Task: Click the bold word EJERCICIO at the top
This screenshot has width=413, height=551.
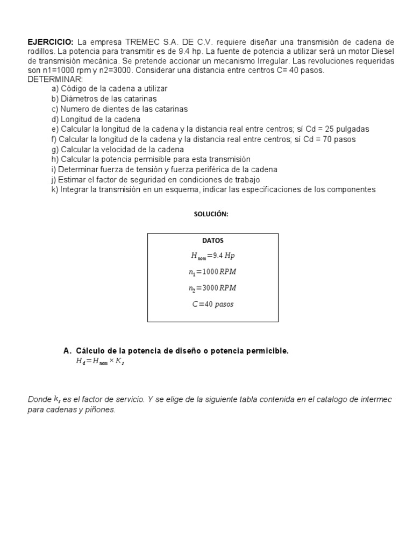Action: click(x=51, y=42)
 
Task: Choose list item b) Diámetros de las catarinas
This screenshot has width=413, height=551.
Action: click(x=104, y=99)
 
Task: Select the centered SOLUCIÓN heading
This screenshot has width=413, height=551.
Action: click(x=211, y=214)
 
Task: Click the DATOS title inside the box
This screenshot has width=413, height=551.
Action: click(x=213, y=241)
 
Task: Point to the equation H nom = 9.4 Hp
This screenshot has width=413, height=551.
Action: click(x=213, y=256)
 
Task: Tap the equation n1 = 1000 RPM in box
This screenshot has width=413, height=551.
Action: click(x=213, y=272)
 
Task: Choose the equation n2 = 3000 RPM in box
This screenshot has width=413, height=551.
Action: click(x=213, y=288)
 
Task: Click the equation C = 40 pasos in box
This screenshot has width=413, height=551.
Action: click(x=213, y=304)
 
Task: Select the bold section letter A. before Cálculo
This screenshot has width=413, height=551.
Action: click(x=67, y=351)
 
